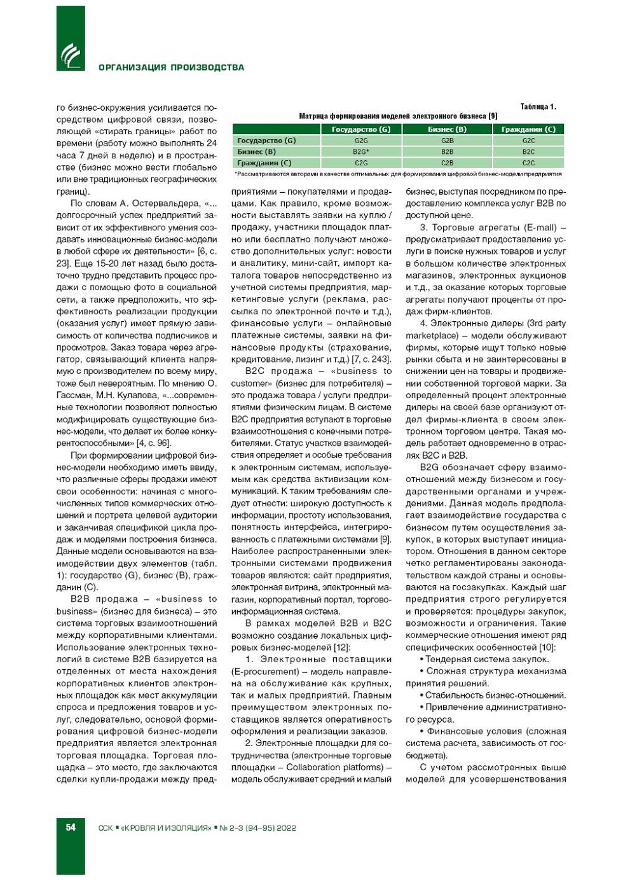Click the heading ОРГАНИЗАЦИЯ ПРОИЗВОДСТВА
[x=171, y=67]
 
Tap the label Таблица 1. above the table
[x=538, y=107]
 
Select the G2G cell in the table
[x=360, y=141]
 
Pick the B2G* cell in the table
[x=360, y=152]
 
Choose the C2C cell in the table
[x=528, y=163]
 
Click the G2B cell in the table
[x=447, y=141]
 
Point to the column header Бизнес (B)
[x=447, y=129]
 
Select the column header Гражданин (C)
[x=528, y=129]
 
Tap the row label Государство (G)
[x=266, y=141]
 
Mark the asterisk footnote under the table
[x=398, y=174]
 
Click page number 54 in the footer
[x=71, y=827]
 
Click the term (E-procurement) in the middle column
[x=265, y=671]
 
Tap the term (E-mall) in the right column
[x=540, y=227]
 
